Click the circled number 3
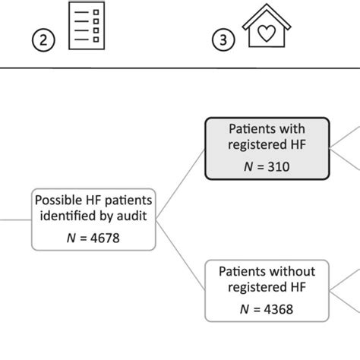coord(223,41)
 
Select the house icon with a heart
coord(266,30)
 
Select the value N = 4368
coord(267,308)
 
